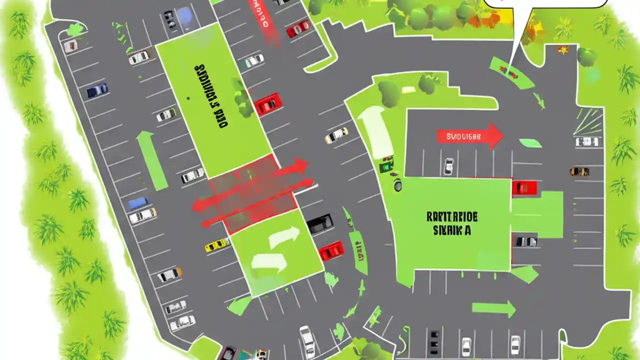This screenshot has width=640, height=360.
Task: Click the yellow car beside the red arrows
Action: point(217,245)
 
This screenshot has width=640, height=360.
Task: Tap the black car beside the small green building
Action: point(319,223)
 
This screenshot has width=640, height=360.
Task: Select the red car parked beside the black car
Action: point(330,250)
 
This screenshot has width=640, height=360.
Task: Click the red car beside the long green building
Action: point(268,104)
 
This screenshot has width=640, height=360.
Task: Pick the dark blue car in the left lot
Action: point(96,90)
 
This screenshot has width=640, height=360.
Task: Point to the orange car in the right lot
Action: point(579,171)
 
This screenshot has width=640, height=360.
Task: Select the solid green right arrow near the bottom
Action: point(493,308)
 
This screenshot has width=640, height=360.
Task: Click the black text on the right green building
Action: point(452,223)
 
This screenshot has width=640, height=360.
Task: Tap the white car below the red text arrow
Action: point(448,165)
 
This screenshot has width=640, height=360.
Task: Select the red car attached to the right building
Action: point(524,187)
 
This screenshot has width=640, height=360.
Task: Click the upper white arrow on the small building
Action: point(283,237)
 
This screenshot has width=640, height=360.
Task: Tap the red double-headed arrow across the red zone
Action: point(250,185)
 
